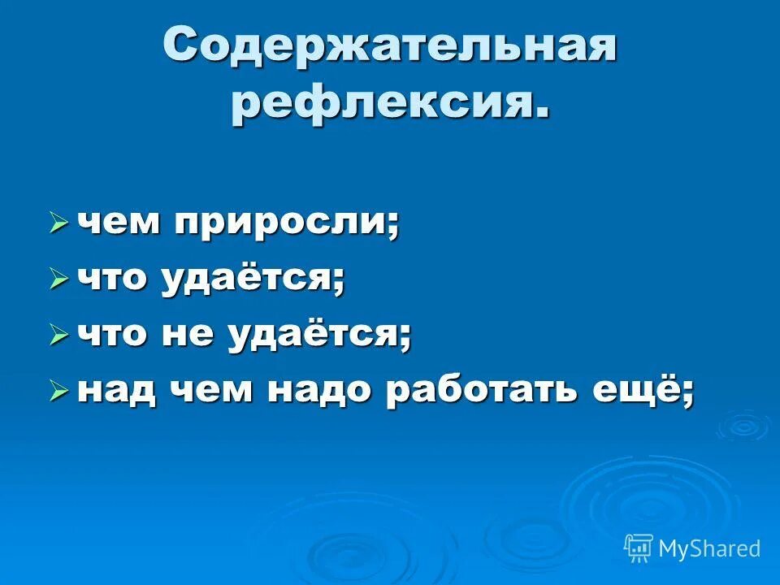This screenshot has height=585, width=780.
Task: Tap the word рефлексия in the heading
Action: pos(383,104)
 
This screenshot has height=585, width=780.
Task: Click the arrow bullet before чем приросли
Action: pos(58,223)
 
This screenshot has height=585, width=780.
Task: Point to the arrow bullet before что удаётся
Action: pos(58,279)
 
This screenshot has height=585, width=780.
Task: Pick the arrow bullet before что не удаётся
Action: pos(58,335)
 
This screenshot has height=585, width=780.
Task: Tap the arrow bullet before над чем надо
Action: pos(58,392)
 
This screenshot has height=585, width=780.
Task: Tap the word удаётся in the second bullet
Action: pos(251,279)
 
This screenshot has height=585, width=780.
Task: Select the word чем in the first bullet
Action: pos(117,223)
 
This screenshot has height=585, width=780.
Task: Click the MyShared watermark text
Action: pos(709,549)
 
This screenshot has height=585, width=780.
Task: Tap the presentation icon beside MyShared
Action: pos(639,548)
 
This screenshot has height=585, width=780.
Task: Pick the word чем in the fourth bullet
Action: pos(213,392)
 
